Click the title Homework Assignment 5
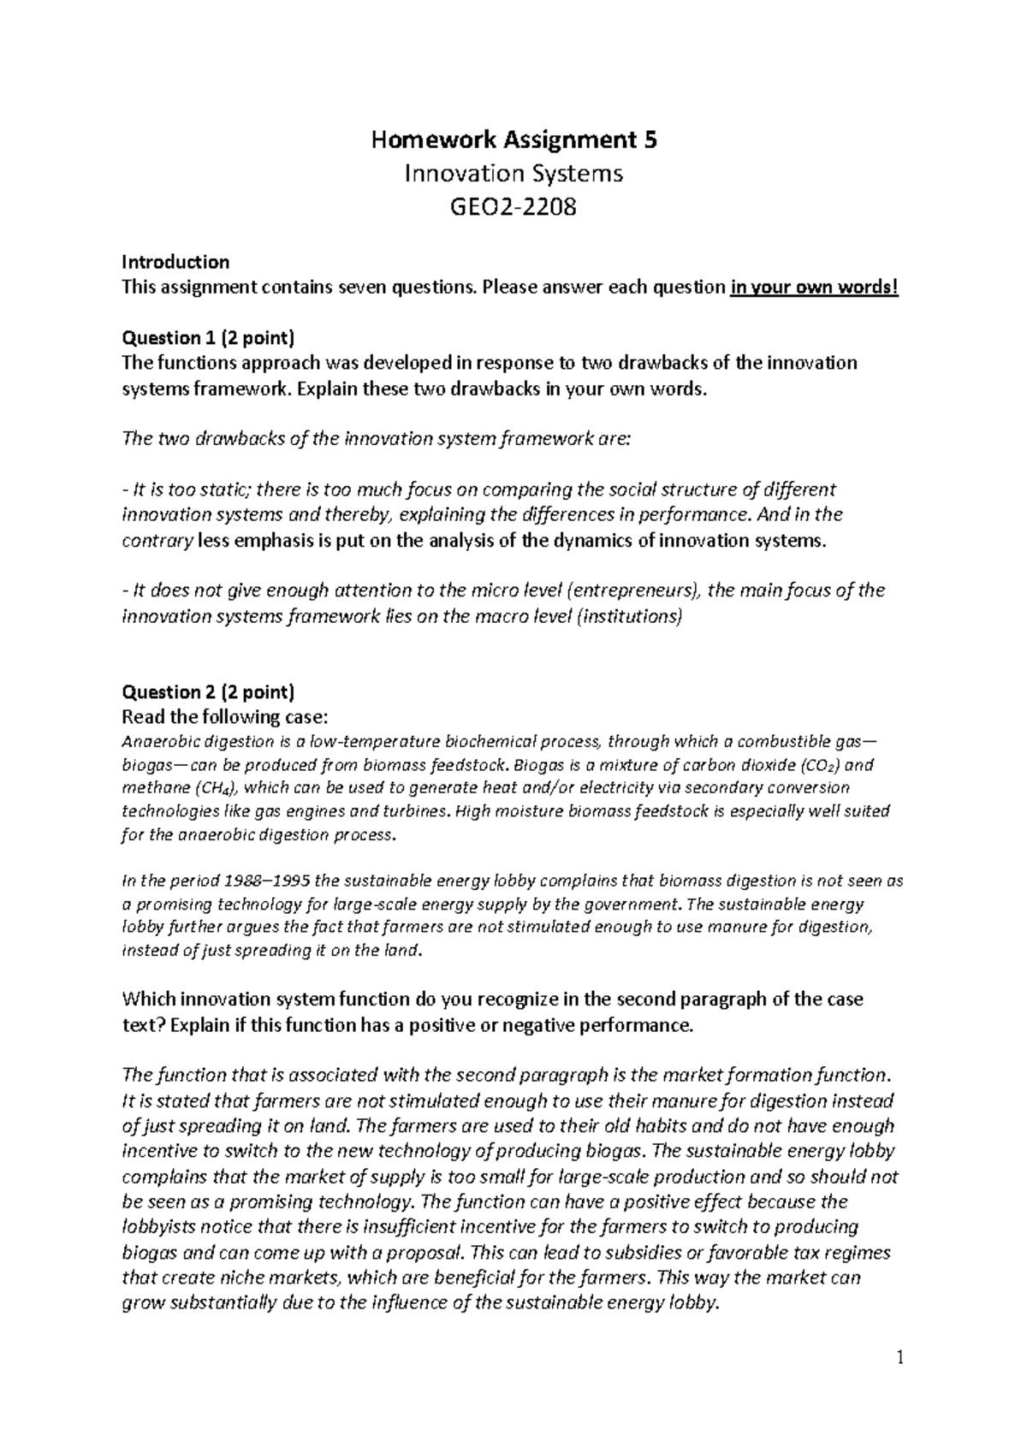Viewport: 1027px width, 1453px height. coord(513,139)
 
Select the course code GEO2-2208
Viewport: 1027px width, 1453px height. coord(513,207)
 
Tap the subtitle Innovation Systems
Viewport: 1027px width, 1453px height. coord(513,174)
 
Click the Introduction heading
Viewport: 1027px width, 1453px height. coord(175,262)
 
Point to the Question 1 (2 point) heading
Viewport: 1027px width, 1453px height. coord(208,337)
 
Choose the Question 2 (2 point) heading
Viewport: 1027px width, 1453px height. coord(209,691)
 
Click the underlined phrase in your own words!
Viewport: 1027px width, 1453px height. coord(815,288)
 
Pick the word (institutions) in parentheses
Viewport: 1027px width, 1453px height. coord(629,616)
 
